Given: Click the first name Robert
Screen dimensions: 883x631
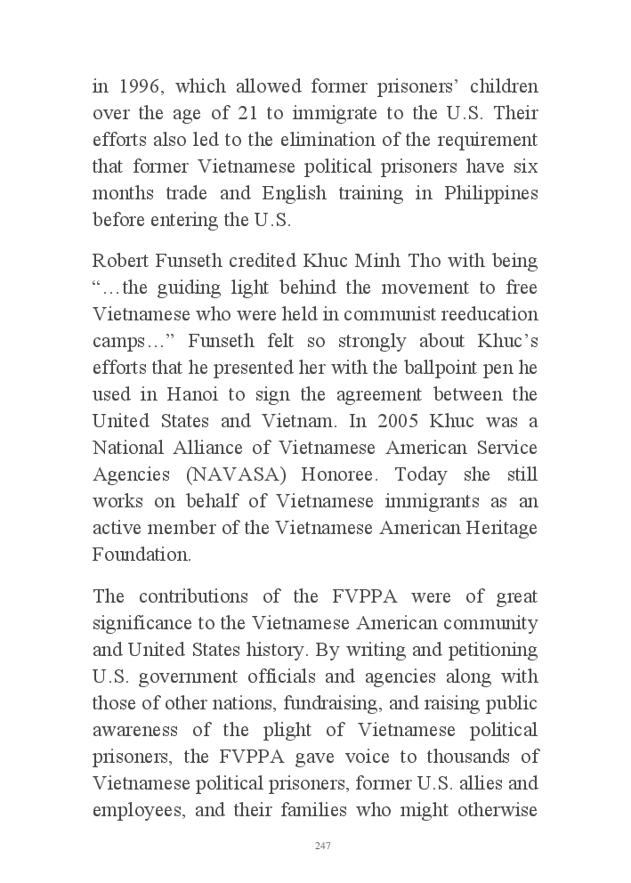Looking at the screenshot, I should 118,262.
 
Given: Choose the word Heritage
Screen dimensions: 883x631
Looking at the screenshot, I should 499,528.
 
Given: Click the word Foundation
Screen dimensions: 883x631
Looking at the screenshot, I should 141,555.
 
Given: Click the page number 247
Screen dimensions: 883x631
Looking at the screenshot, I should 323,846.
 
